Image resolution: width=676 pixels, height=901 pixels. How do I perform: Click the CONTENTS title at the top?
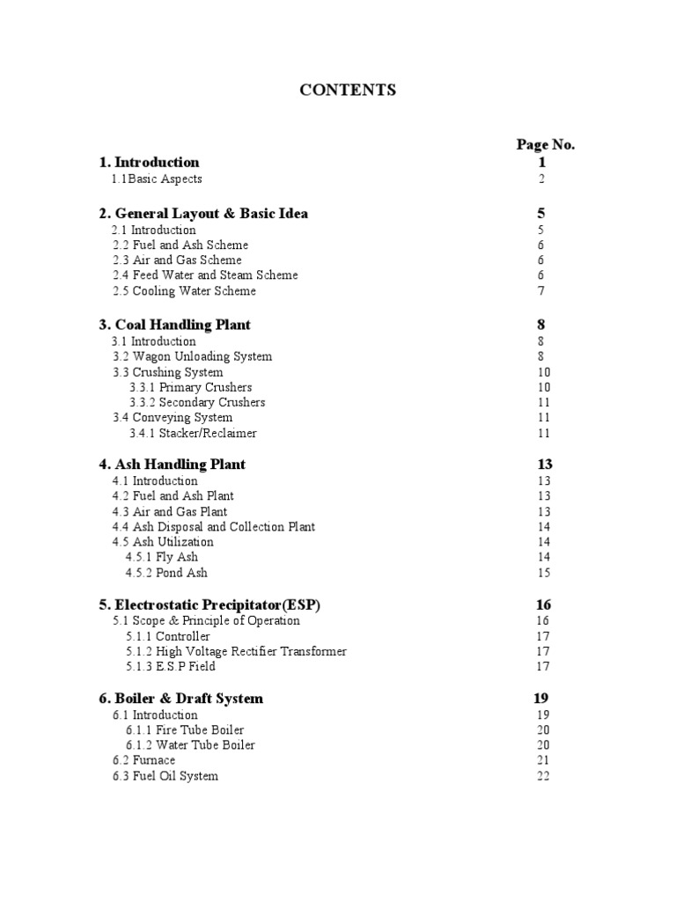tap(348, 90)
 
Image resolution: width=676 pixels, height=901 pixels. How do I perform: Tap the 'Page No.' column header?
tap(545, 145)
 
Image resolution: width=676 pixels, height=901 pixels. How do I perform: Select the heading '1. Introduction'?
tap(149, 162)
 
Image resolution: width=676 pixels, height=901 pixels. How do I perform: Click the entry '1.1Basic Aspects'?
tap(156, 179)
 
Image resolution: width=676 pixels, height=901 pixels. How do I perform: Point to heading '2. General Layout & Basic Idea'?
tap(203, 214)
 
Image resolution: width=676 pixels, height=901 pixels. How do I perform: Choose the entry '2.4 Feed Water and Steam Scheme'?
tap(205, 275)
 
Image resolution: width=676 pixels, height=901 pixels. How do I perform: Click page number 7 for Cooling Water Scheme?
tap(542, 291)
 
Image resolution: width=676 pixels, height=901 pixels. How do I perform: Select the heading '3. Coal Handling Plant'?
tap(174, 325)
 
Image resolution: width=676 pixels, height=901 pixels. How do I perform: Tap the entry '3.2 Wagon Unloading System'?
tap(192, 356)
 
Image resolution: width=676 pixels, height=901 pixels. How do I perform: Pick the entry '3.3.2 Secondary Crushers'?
tap(197, 402)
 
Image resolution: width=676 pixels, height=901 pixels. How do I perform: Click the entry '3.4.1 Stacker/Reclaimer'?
tap(193, 433)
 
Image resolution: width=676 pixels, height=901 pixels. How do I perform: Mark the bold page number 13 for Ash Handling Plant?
tap(544, 465)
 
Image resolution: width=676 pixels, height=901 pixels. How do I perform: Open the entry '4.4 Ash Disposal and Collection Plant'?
tap(214, 527)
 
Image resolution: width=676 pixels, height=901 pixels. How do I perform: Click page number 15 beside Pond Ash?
tap(543, 573)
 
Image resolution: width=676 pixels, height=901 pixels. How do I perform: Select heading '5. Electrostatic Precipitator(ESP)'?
tap(209, 605)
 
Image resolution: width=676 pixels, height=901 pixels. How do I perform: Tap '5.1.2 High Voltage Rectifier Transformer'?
tap(236, 652)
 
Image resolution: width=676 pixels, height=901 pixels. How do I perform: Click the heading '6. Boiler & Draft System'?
tap(180, 699)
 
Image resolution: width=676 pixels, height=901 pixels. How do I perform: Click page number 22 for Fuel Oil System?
tap(543, 776)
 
